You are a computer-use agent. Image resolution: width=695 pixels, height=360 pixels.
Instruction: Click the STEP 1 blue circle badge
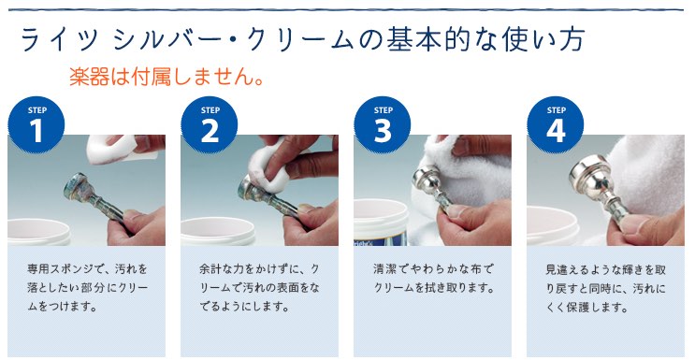tap(36, 124)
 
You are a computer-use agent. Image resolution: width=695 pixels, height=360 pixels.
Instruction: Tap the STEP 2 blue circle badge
tap(210, 124)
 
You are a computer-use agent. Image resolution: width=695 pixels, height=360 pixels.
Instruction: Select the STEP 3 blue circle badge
tap(383, 124)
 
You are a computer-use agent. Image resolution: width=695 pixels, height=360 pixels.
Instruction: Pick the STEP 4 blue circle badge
tap(556, 124)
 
